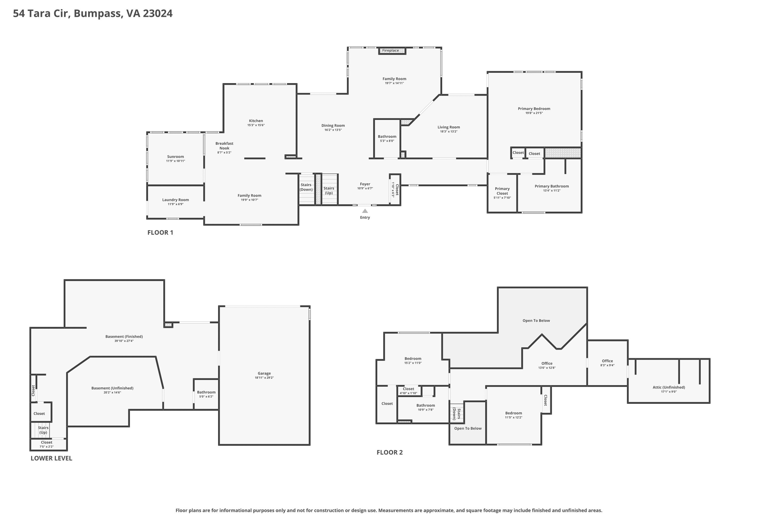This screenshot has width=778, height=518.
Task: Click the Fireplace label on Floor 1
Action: pyautogui.click(x=391, y=50)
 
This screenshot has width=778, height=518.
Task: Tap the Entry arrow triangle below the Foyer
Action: pyautogui.click(x=365, y=211)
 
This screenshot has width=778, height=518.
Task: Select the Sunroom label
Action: pyautogui.click(x=176, y=157)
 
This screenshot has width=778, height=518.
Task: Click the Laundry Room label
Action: pyautogui.click(x=176, y=200)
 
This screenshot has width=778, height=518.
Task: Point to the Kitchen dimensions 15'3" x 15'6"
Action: pyautogui.click(x=256, y=125)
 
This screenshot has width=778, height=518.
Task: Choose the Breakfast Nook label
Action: pyautogui.click(x=225, y=146)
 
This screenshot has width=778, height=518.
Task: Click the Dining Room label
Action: pyautogui.click(x=333, y=126)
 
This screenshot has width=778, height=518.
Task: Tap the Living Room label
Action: pyautogui.click(x=449, y=127)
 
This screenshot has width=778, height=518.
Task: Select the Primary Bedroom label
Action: pyautogui.click(x=534, y=109)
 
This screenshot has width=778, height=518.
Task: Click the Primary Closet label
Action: pyautogui.click(x=502, y=191)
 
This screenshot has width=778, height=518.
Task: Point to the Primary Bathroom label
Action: pyautogui.click(x=552, y=186)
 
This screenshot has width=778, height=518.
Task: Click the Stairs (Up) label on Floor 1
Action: pyautogui.click(x=329, y=191)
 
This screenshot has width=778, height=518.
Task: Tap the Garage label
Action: pyautogui.click(x=264, y=373)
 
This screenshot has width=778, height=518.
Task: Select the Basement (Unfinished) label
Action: pyautogui.click(x=112, y=388)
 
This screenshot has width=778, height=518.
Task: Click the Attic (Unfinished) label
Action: pyautogui.click(x=669, y=387)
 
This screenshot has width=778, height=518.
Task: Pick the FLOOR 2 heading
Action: pyautogui.click(x=390, y=452)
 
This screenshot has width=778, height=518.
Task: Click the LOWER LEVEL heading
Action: pyautogui.click(x=51, y=458)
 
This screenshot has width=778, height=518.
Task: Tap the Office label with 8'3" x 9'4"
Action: pyautogui.click(x=607, y=361)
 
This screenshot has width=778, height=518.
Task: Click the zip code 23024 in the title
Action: pyautogui.click(x=158, y=14)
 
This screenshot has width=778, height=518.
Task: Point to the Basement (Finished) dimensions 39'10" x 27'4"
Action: pyautogui.click(x=124, y=341)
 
